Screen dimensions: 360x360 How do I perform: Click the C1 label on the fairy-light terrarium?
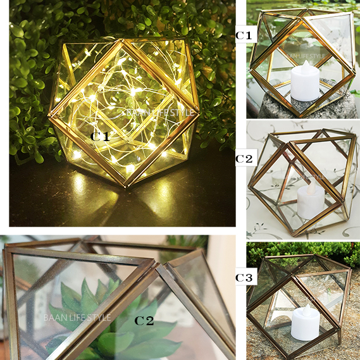100,137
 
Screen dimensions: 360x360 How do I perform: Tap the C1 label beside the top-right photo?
244,35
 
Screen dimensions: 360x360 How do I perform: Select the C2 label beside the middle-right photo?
244,159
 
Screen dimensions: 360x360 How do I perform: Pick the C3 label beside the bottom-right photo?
244,278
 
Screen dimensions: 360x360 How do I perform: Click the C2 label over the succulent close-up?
144,321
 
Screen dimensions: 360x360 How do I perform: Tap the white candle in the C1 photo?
305,81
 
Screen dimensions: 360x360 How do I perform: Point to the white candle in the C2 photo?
311,199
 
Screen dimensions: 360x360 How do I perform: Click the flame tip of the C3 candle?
307,304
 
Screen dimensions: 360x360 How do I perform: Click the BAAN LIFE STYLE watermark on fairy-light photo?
160,113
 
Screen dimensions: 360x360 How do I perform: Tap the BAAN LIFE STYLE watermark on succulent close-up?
77,318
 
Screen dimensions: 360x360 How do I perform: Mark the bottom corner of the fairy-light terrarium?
125,186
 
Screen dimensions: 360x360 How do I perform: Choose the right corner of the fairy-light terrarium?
198,113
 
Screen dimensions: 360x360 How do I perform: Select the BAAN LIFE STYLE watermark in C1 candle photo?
304,56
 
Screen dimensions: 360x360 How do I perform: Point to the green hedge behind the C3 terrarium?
303,252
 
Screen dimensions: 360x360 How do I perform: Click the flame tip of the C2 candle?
313,182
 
